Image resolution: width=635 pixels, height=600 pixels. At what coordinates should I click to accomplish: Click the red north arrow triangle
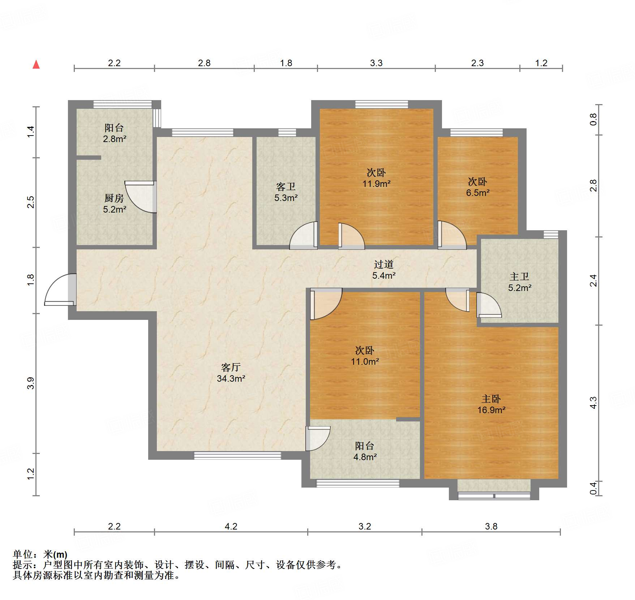(36, 65)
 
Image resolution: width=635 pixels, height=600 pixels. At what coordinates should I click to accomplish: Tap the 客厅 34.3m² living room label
(231, 373)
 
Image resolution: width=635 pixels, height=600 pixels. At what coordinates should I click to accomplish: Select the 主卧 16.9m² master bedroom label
(491, 404)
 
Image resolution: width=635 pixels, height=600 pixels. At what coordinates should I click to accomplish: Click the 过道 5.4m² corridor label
(383, 270)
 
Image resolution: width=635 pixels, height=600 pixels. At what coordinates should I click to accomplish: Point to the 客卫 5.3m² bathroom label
(286, 192)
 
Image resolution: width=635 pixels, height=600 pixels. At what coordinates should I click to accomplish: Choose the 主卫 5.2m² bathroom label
(519, 282)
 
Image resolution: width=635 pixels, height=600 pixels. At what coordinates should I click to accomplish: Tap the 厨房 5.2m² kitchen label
(114, 203)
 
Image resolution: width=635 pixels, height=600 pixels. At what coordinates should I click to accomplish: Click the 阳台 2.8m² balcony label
(114, 133)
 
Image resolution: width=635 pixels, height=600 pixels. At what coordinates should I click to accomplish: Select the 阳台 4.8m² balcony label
(365, 451)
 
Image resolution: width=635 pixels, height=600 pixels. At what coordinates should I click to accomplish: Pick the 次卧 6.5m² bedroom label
(477, 187)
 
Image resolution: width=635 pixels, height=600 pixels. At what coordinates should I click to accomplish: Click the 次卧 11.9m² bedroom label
(376, 178)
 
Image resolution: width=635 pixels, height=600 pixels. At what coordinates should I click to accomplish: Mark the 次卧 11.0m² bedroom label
(365, 356)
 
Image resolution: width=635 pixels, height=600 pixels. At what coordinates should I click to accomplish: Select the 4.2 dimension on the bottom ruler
(231, 526)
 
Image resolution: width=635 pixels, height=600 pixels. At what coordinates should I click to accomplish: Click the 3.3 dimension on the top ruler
(376, 63)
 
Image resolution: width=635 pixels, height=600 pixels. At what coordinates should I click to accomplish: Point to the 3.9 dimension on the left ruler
(31, 383)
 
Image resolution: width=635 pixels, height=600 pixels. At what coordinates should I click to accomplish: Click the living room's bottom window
(237, 455)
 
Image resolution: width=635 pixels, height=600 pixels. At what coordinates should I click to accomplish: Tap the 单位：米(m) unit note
(40, 554)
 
